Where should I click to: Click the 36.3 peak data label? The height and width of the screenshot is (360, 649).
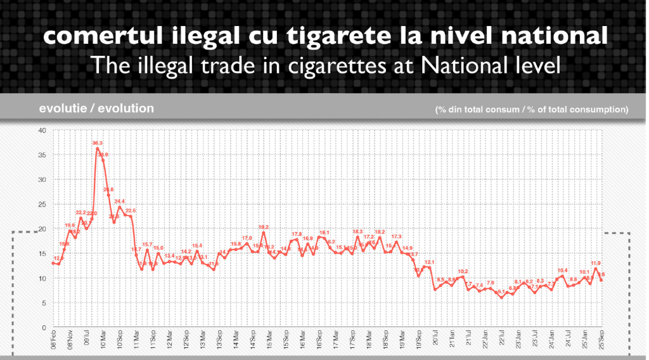click(x=98, y=144)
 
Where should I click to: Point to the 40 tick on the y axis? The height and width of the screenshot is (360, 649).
click(x=42, y=131)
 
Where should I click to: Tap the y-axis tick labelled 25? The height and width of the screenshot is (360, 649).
click(x=42, y=205)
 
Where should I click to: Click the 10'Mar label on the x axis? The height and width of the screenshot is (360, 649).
click(x=103, y=340)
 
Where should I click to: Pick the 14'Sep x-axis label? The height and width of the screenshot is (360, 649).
click(x=252, y=340)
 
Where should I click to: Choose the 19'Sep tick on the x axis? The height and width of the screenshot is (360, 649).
click(x=419, y=340)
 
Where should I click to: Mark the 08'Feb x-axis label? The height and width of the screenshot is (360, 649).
click(x=53, y=340)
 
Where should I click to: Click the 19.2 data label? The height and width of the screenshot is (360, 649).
click(x=264, y=227)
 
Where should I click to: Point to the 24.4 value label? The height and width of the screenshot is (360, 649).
click(x=120, y=202)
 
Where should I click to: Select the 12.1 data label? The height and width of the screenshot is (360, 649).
click(x=429, y=262)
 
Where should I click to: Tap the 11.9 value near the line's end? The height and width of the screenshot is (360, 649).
click(x=596, y=263)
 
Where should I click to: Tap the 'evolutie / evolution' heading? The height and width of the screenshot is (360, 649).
click(x=96, y=108)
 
